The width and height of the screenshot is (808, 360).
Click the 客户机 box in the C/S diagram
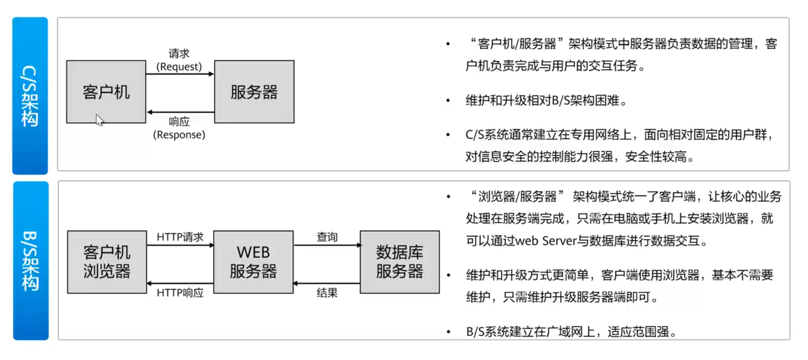(106, 91)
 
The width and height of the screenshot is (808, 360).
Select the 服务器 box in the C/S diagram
(254, 91)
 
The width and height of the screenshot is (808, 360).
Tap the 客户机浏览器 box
(107, 262)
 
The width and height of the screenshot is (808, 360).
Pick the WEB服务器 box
(253, 262)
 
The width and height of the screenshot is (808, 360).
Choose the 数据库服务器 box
(399, 262)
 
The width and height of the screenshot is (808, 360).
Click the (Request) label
(179, 67)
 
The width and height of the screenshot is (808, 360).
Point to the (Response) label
(179, 135)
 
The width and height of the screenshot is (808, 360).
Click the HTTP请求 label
(180, 237)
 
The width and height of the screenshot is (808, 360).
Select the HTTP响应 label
(180, 293)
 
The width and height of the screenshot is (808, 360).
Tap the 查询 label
(327, 237)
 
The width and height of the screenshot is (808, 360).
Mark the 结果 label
(327, 293)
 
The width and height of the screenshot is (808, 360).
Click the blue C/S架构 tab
(30, 96)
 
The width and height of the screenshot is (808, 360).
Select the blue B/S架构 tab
(30, 261)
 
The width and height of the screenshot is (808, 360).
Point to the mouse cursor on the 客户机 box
(100, 120)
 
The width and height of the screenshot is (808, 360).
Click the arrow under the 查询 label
(327, 245)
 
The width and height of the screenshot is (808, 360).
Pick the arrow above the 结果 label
(327, 284)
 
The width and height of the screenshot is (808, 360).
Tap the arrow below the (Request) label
(180, 74)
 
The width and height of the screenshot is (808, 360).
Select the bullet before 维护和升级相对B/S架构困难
(448, 101)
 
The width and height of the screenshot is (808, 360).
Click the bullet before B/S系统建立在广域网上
(449, 332)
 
